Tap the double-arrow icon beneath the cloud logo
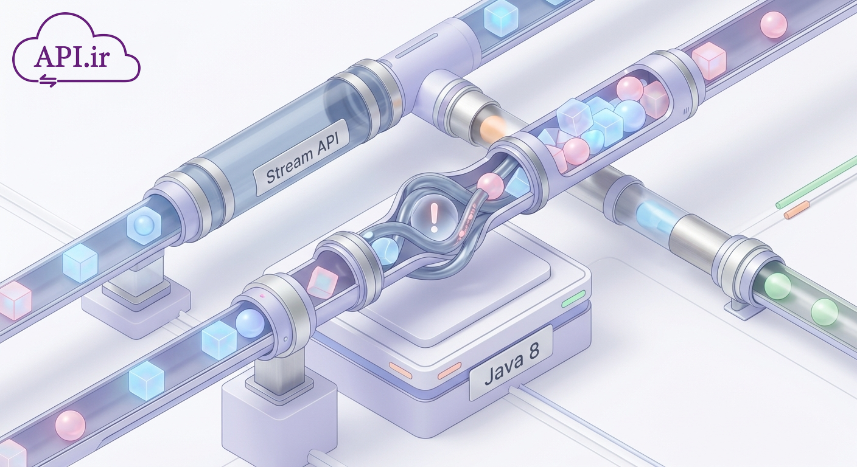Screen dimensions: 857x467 (49, 80)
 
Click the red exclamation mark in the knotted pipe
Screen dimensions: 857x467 (433, 217)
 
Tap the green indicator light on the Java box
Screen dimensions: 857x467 (573, 299)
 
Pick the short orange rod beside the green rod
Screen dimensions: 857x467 (797, 210)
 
